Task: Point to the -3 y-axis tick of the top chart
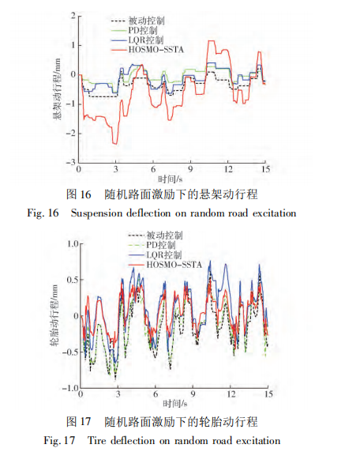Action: point(71,162)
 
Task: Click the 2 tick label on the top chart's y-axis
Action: point(73,15)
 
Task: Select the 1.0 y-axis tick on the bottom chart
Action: point(73,244)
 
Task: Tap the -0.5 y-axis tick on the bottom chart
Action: point(70,352)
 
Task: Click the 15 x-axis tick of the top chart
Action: point(265,169)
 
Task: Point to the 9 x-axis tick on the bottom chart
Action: point(193,394)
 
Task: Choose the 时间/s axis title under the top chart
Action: point(171,179)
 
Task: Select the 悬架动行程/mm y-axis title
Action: point(57,89)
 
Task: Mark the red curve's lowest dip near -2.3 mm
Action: point(115,143)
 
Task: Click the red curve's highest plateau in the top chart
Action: point(212,41)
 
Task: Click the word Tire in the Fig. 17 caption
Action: point(97,441)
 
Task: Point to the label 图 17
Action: point(78,422)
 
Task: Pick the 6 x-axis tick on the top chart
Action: point(153,169)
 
